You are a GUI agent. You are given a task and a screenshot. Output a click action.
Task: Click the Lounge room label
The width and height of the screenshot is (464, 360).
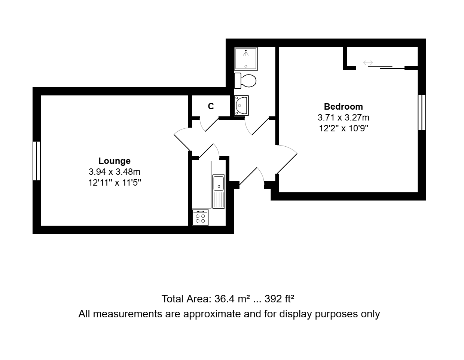tap(115, 161)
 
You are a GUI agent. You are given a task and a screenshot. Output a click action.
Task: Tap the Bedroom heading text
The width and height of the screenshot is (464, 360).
tap(344, 107)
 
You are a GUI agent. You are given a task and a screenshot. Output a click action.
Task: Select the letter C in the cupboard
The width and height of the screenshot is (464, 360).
tap(211, 106)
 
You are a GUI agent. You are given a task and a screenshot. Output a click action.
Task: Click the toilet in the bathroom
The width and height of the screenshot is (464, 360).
tap(245, 81)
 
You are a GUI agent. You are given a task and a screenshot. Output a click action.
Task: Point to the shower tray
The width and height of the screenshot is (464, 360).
tap(246, 59)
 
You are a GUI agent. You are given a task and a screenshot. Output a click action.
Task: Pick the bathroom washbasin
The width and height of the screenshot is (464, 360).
tap(241, 106)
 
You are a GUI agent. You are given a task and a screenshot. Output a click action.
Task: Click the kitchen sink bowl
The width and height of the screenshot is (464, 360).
tap(219, 183)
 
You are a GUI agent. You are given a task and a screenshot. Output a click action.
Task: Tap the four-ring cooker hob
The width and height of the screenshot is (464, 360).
tap(200, 217)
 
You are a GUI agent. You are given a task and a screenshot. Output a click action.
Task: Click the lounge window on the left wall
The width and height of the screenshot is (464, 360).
tap(37, 161)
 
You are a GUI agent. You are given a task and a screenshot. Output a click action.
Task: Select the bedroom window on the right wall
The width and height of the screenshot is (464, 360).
tap(422, 113)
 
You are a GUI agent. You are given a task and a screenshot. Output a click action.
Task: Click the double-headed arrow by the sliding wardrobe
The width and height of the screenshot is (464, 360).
tap(368, 63)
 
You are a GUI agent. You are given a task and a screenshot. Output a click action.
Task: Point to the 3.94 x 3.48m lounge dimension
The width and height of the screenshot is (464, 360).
tap(115, 172)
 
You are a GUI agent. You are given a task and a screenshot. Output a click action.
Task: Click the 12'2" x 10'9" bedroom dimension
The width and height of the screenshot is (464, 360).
tap(344, 128)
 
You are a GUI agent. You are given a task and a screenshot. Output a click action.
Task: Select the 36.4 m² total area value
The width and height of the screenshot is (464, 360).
tap(232, 299)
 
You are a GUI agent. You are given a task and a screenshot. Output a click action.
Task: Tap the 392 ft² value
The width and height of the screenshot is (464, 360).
tap(279, 299)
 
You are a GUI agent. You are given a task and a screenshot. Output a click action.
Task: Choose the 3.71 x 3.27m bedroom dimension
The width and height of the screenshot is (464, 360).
tap(344, 118)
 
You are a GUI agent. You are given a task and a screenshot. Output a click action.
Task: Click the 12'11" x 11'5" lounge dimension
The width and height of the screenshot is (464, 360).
tap(115, 183)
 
